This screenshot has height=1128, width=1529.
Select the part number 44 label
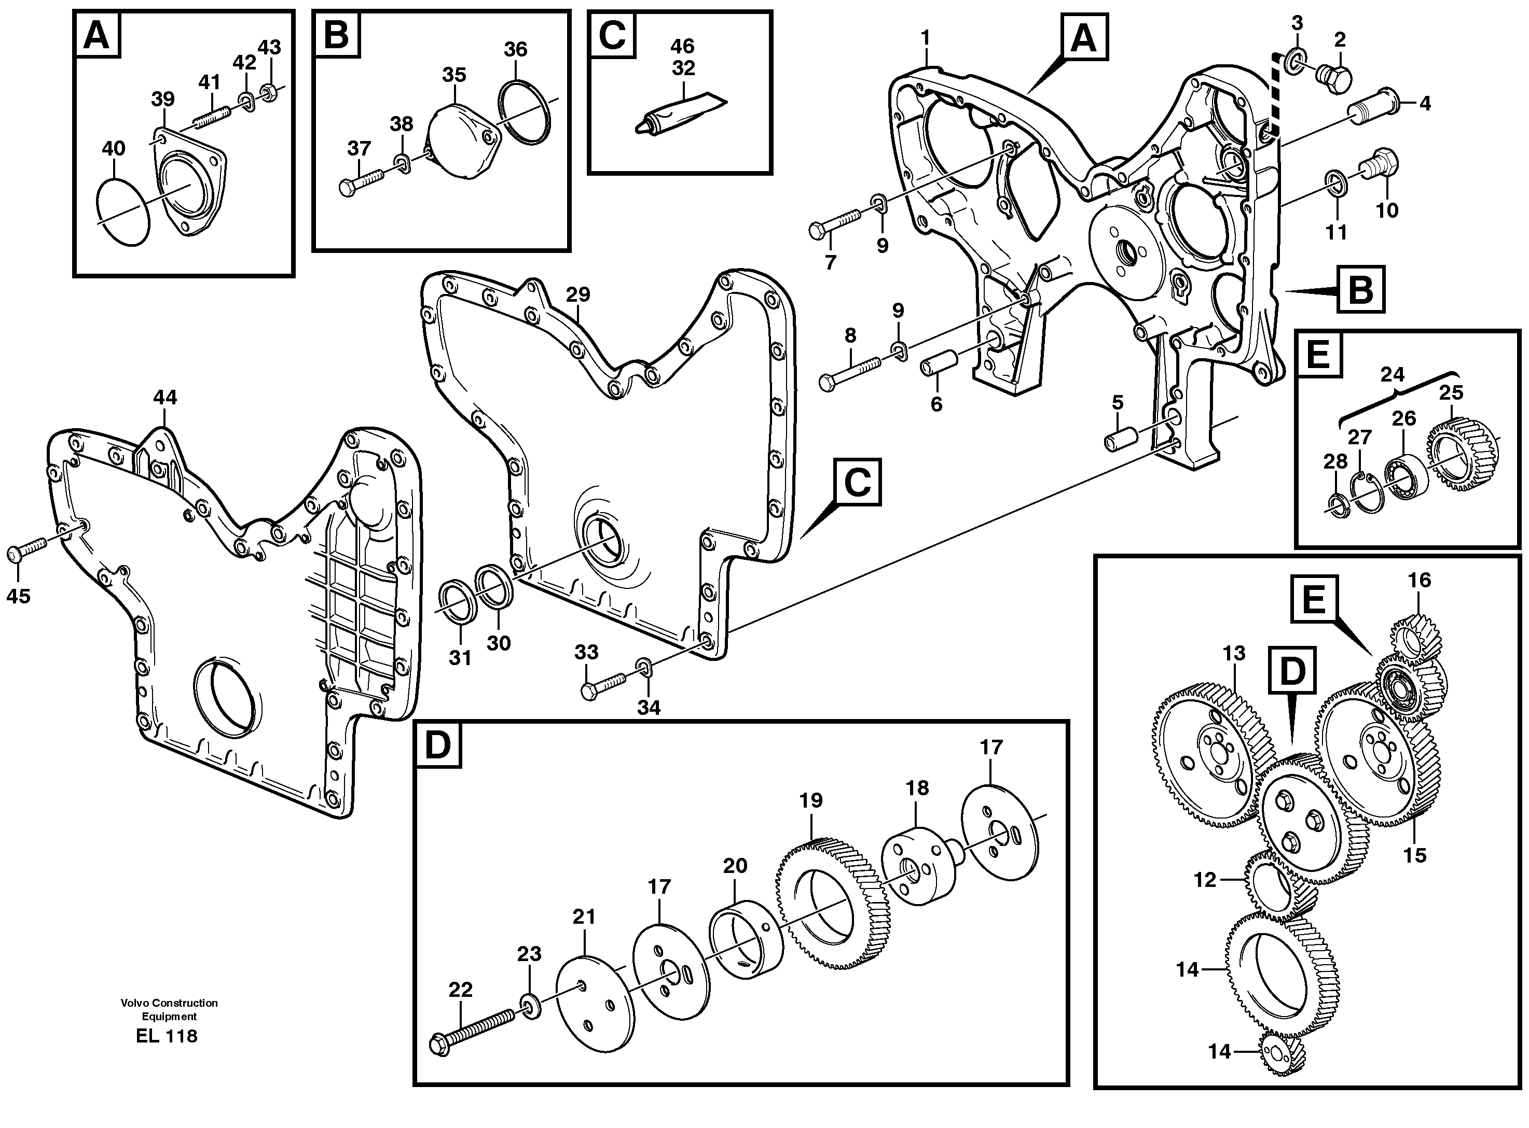[x=164, y=398]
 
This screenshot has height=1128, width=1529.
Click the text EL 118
[x=167, y=1036]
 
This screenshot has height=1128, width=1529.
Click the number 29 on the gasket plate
[x=578, y=295]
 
